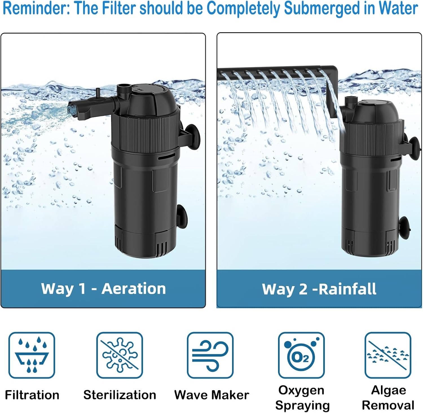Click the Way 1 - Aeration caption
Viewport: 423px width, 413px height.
[103, 289]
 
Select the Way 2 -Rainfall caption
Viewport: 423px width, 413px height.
[319, 289]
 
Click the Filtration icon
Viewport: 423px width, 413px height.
[32, 355]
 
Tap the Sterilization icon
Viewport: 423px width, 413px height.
[120, 355]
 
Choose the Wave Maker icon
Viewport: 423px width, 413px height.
[210, 355]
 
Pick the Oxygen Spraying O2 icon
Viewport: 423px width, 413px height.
[301, 355]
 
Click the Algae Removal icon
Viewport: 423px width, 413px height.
[388, 355]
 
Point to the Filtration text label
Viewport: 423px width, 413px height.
[32, 395]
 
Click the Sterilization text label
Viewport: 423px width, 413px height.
[120, 395]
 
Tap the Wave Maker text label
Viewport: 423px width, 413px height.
[211, 395]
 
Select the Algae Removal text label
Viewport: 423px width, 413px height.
[388, 397]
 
